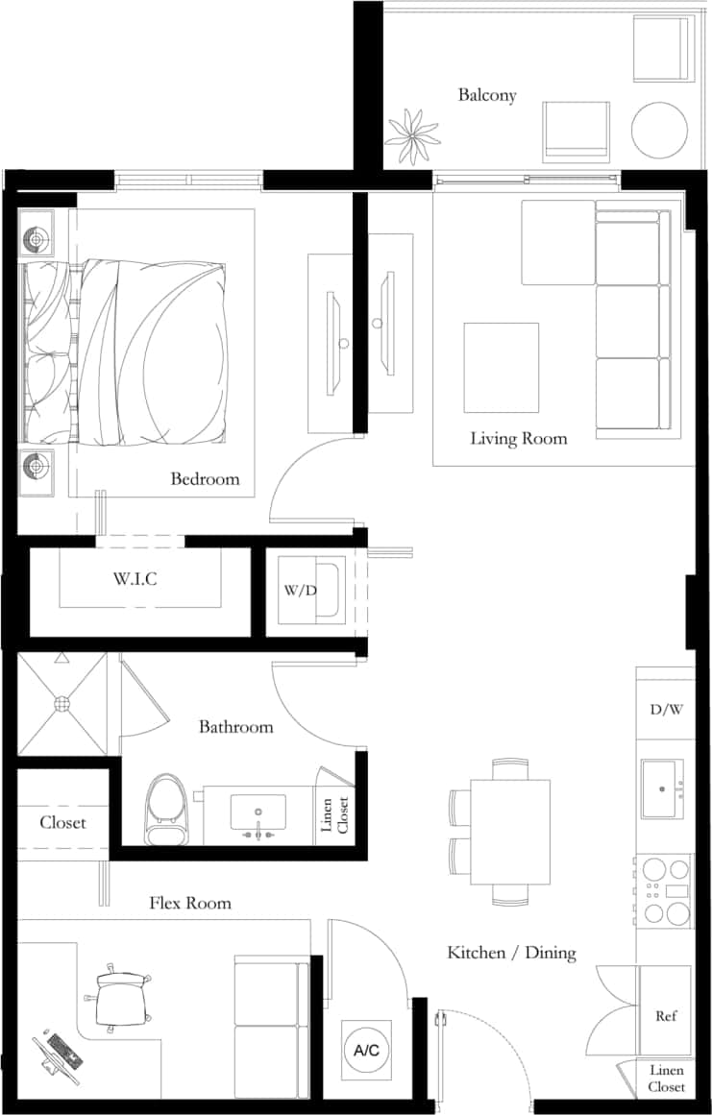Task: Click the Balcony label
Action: click(486, 95)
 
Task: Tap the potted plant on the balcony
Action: click(414, 136)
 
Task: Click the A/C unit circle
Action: click(366, 1051)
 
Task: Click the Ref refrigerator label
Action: click(665, 1015)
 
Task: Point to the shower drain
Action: click(62, 704)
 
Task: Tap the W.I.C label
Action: click(135, 579)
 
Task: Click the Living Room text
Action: click(518, 439)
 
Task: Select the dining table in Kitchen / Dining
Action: click(509, 832)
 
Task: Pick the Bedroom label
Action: click(205, 478)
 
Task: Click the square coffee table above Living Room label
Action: click(501, 366)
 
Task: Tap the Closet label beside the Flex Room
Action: click(62, 823)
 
